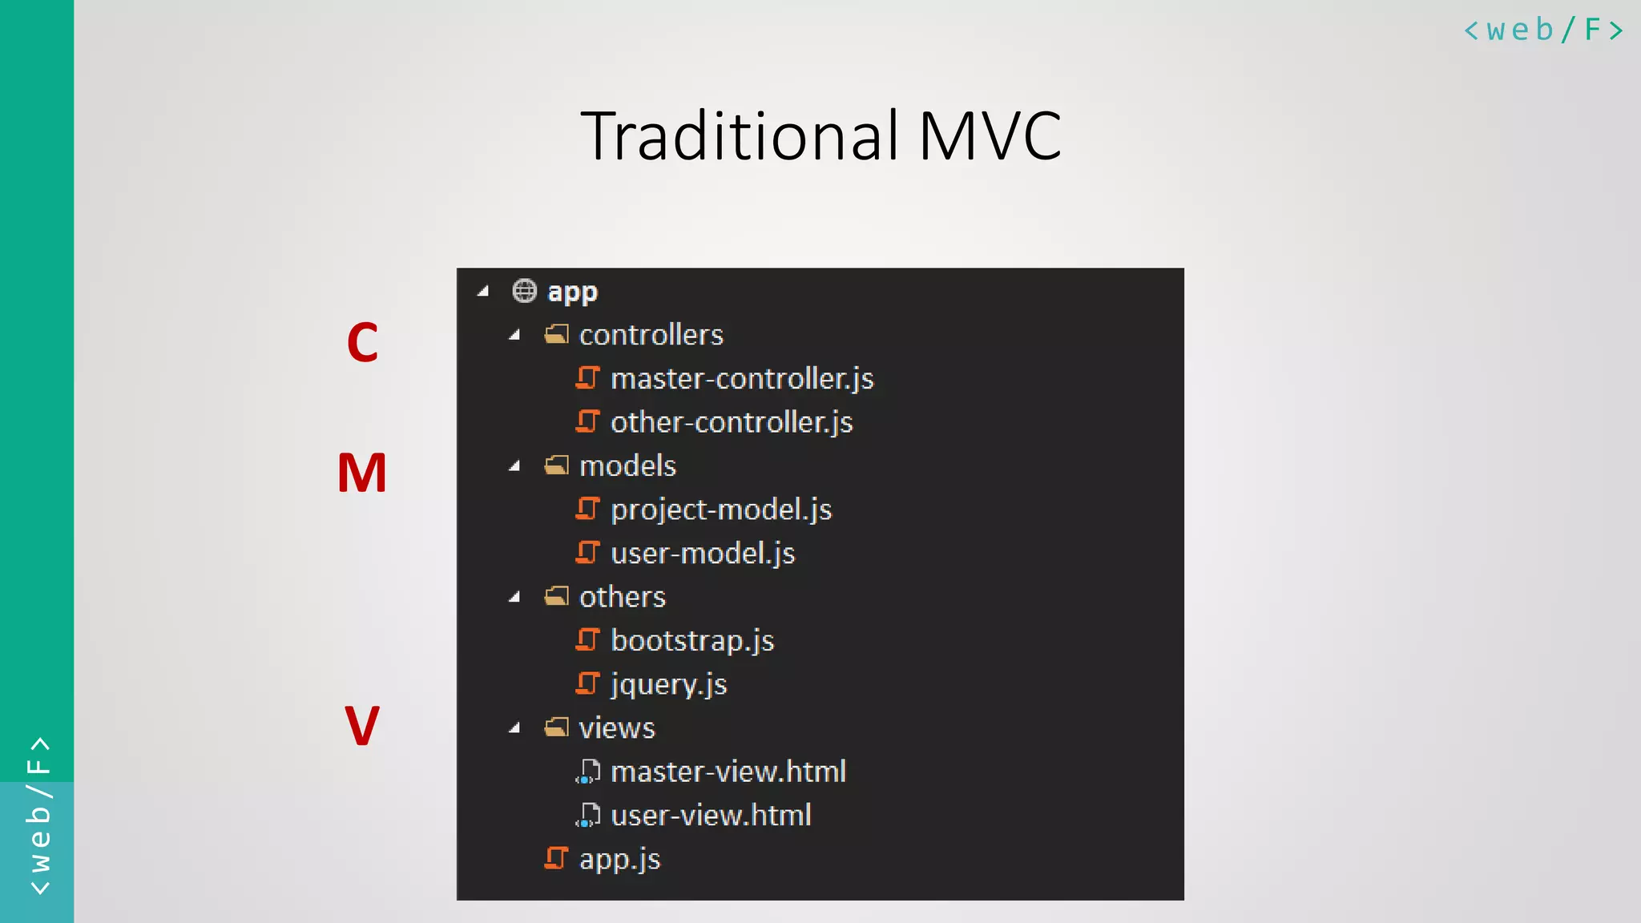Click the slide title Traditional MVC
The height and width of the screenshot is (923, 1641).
click(x=820, y=136)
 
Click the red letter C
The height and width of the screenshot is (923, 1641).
click(x=362, y=343)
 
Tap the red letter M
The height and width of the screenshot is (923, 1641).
click(x=362, y=473)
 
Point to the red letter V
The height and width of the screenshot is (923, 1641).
click(x=361, y=726)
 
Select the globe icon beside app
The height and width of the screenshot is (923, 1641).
click(x=524, y=291)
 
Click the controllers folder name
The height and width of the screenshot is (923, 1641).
click(x=651, y=335)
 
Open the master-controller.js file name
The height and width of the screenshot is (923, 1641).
click(x=742, y=378)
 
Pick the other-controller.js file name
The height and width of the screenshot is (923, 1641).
click(x=732, y=422)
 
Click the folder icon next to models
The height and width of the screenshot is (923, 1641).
click(x=556, y=466)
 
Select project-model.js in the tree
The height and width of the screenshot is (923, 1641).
click(x=721, y=510)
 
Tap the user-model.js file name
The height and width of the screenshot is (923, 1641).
click(x=703, y=553)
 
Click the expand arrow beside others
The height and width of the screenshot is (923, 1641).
click(x=514, y=597)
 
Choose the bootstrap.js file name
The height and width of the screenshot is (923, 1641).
click(x=692, y=640)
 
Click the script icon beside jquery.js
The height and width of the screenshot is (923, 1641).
click(x=587, y=683)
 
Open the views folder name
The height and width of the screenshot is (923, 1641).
click(x=617, y=728)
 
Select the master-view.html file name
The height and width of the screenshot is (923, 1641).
click(x=728, y=772)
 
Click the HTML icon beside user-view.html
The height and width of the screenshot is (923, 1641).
click(x=587, y=815)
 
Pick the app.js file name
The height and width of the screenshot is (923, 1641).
click(x=619, y=859)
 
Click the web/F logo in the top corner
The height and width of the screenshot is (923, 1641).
click(x=1543, y=30)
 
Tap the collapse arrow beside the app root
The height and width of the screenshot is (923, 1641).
click(x=482, y=292)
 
